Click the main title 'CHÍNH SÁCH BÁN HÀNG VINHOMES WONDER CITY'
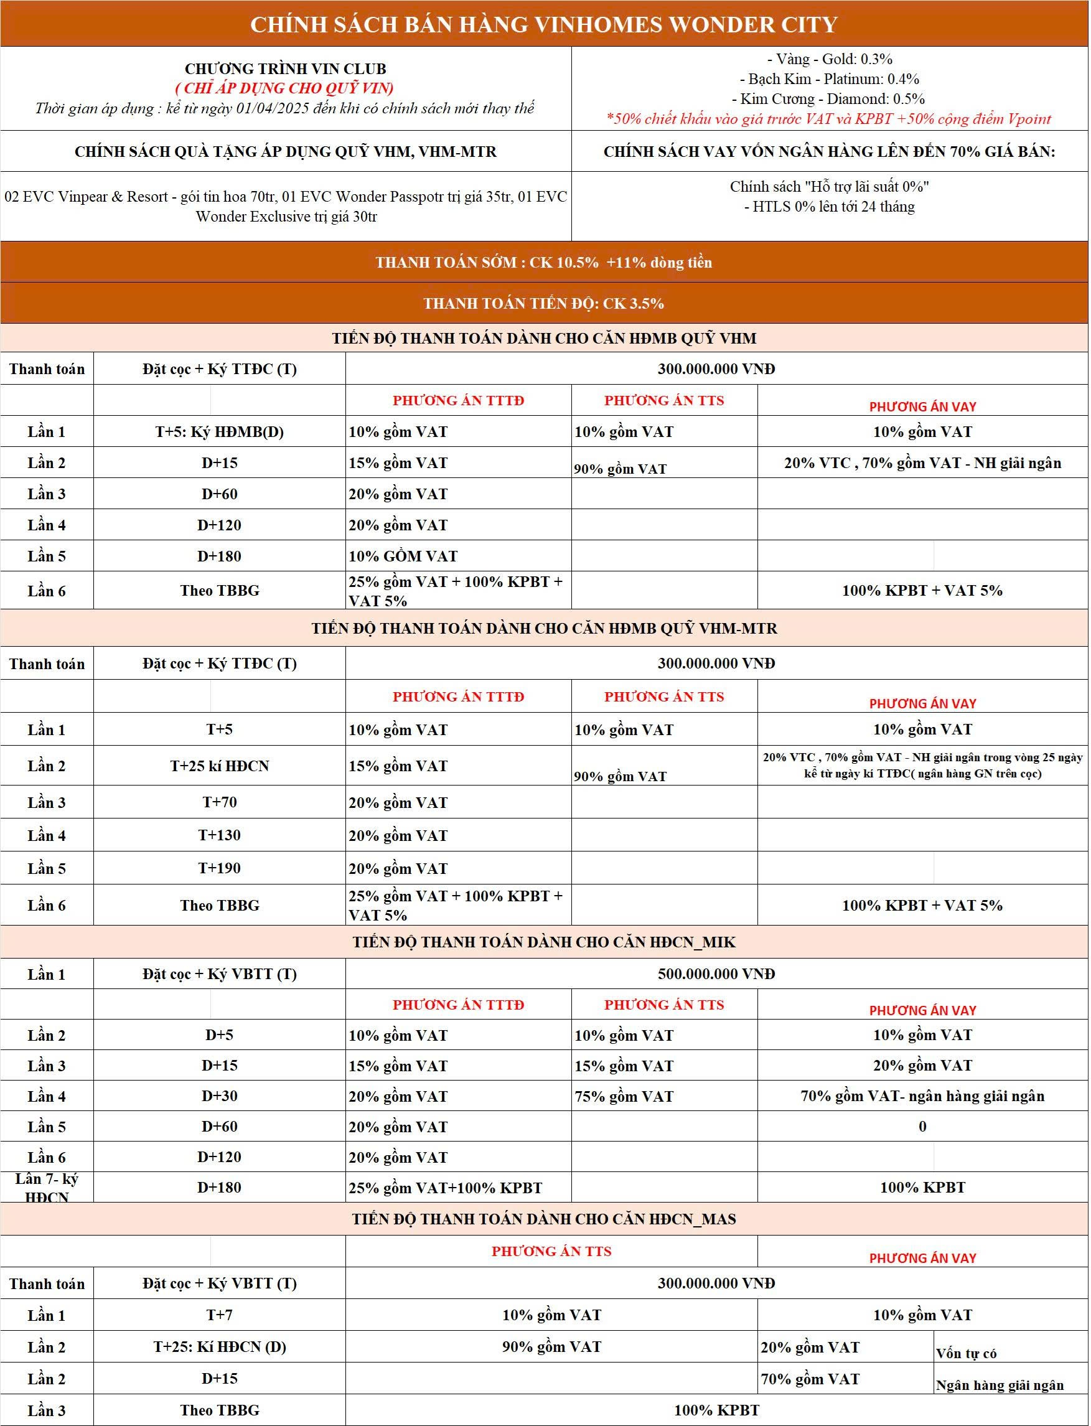544,25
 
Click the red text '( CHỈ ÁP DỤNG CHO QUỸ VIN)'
285,88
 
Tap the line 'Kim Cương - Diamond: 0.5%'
828,99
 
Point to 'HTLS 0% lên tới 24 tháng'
829,207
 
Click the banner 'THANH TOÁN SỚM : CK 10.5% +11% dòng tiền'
544,262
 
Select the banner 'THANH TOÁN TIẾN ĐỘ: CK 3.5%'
544,303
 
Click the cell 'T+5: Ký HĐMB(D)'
220,432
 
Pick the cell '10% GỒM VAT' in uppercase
403,556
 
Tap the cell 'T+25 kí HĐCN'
220,766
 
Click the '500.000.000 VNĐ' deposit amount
716,973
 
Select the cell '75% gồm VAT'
624,1096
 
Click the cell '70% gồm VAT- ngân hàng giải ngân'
922,1096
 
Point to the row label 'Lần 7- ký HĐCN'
47,1188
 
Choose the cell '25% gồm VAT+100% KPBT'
446,1188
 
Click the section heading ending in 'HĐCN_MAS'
544,1219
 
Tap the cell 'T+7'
220,1315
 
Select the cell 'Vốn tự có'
967,1353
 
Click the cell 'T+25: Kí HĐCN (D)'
220,1347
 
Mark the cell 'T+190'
220,868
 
